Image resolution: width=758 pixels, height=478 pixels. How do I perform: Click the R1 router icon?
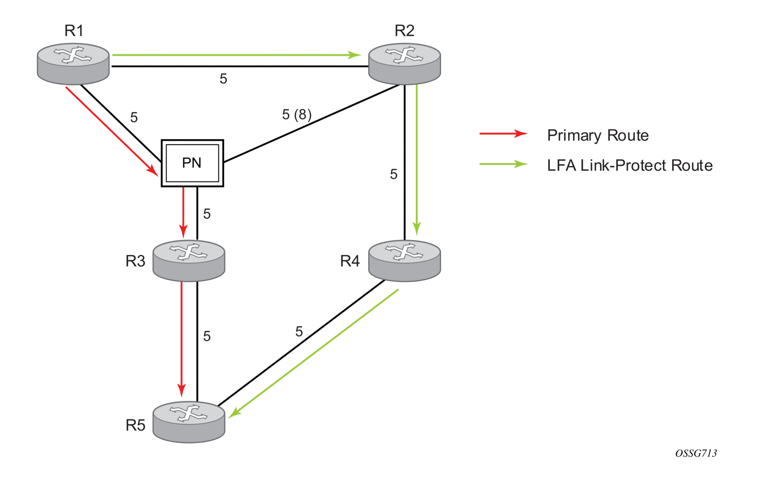(73, 64)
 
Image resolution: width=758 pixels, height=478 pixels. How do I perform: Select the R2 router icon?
(405, 64)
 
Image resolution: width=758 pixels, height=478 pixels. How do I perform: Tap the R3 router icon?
(189, 261)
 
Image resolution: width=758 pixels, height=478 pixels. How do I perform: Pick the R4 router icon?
(405, 261)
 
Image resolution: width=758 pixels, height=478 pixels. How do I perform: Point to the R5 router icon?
(189, 422)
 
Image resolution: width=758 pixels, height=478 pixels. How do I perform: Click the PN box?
(192, 163)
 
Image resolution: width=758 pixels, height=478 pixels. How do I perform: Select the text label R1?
(74, 31)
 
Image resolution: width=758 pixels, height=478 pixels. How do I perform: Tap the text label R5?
(135, 425)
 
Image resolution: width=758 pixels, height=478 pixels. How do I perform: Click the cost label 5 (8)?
(297, 114)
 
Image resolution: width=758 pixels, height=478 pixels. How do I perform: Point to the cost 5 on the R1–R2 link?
(223, 79)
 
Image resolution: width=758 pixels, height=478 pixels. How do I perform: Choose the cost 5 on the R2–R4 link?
(393, 174)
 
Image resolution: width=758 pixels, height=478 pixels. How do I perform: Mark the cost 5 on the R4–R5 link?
(299, 331)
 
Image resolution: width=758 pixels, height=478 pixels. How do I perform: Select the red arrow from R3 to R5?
(182, 339)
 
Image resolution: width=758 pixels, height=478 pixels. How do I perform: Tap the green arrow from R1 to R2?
(237, 55)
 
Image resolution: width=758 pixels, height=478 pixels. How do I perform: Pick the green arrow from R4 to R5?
(313, 353)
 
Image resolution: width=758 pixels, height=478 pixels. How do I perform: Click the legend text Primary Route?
(598, 135)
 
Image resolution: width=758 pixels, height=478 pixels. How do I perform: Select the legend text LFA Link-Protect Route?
(630, 165)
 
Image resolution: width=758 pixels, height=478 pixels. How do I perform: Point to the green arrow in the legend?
(503, 164)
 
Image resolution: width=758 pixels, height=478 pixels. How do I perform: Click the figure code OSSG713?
(696, 453)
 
